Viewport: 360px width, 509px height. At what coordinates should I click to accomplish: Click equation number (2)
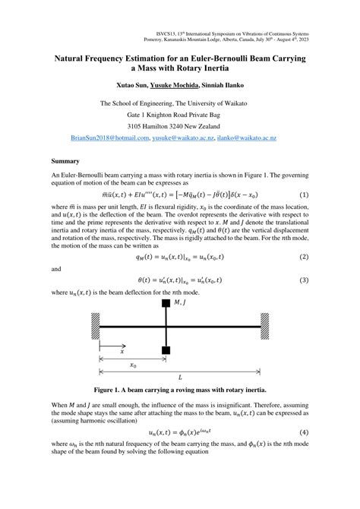click(303, 257)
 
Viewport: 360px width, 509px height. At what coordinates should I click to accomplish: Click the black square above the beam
click(165, 304)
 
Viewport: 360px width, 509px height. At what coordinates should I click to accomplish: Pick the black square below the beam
click(165, 350)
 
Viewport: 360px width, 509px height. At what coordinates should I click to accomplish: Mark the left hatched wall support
click(96, 327)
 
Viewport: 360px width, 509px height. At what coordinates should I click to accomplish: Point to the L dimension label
click(180, 378)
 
